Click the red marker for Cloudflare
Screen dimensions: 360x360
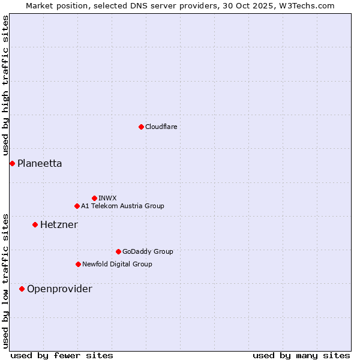(x=141, y=127)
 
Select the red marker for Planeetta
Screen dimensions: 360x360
(x=12, y=163)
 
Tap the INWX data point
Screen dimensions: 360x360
(x=94, y=198)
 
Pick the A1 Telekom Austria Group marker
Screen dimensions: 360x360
(x=77, y=206)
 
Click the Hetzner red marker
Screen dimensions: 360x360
(x=35, y=224)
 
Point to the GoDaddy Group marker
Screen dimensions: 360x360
(x=118, y=251)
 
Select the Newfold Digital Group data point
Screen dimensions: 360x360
(x=78, y=264)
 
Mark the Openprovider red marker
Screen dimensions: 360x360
(x=22, y=289)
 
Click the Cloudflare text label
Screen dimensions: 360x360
(x=161, y=127)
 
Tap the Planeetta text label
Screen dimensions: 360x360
(x=40, y=163)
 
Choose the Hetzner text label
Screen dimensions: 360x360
(x=59, y=224)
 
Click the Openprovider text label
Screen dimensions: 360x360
(x=59, y=289)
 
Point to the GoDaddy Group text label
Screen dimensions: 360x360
(x=148, y=251)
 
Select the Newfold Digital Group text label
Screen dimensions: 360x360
(x=117, y=264)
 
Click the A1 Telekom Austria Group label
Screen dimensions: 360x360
(x=122, y=206)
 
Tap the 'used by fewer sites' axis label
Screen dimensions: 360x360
(x=62, y=355)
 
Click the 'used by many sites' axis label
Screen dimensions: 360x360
(x=301, y=355)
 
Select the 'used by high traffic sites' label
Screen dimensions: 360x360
(x=5, y=85)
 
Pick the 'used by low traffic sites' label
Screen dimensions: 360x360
(x=5, y=280)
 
